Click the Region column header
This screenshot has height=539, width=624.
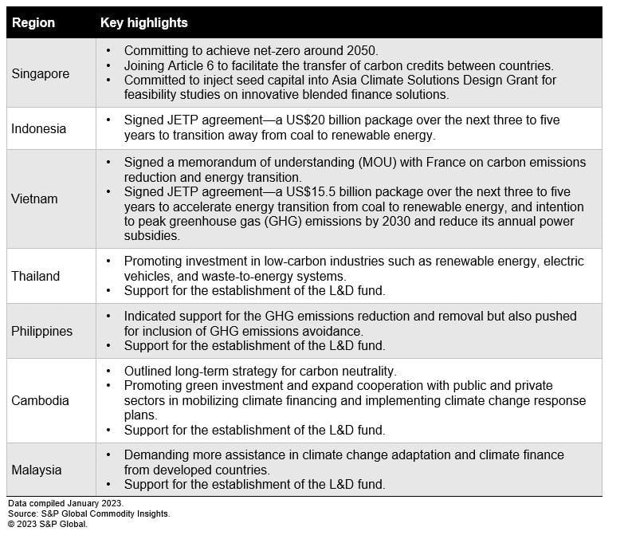33,22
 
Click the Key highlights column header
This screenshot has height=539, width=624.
143,22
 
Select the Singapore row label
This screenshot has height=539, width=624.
41,73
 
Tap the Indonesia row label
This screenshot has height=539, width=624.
39,128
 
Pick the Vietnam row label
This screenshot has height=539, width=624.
35,199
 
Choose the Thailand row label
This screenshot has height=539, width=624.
36,276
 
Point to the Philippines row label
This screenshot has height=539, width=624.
41,331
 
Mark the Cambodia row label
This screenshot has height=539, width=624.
41,400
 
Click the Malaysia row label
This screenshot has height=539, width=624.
37,470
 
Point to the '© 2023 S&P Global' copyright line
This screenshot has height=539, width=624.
48,525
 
